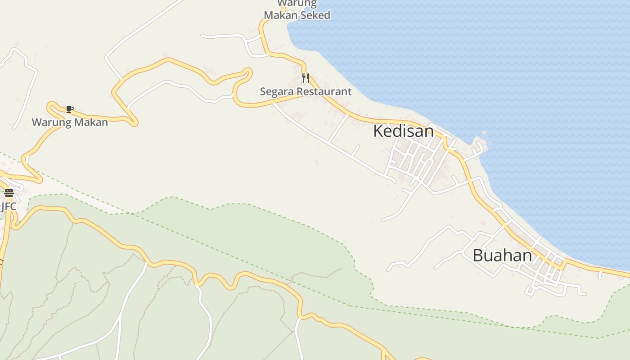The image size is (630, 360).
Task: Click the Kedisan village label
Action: click(403, 131)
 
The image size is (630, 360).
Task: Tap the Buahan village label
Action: click(502, 256)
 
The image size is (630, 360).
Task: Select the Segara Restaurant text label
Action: click(306, 91)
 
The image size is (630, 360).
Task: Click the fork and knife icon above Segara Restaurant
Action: click(306, 79)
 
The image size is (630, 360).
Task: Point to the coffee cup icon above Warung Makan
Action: click(69, 109)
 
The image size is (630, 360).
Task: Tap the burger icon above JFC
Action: click(9, 193)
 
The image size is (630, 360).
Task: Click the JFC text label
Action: click(9, 207)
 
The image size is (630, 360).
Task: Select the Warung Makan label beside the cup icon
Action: click(70, 122)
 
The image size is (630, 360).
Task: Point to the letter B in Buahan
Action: click(478, 256)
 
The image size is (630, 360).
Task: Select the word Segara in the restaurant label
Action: click(275, 91)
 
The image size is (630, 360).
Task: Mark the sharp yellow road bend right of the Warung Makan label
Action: click(134, 121)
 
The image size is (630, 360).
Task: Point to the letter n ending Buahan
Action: click(527, 256)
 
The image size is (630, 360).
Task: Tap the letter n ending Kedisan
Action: click(429, 131)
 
